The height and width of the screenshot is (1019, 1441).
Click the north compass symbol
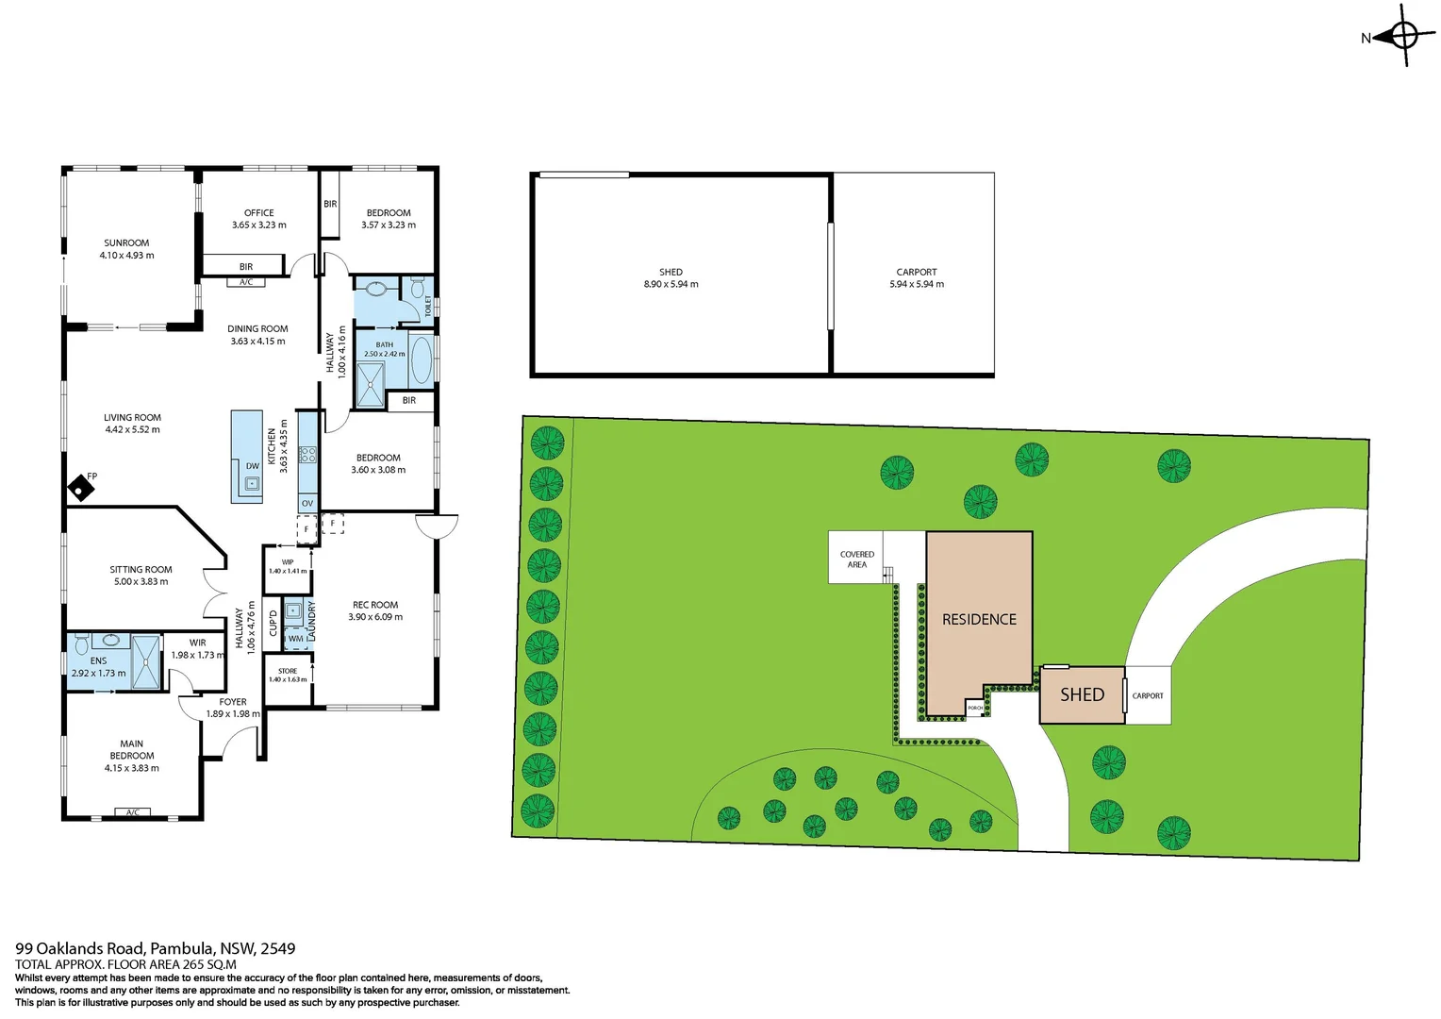[x=1403, y=37]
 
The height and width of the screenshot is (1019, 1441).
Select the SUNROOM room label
[x=126, y=249]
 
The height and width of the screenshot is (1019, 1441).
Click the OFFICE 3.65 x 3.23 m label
[x=259, y=219]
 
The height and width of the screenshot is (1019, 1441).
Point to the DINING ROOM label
[x=257, y=335]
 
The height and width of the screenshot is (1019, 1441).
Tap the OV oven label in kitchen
[x=307, y=504]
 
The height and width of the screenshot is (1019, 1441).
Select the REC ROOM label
[x=375, y=610]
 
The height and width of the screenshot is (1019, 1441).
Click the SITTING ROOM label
[x=141, y=576]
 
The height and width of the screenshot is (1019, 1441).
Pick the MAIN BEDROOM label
[x=132, y=756]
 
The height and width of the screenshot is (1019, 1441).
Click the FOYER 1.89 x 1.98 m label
[x=233, y=708]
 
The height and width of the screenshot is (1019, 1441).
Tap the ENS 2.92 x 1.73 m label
[x=98, y=667]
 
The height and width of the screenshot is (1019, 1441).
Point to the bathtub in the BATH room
[x=421, y=359]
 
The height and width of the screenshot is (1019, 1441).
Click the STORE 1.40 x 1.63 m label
[x=288, y=675]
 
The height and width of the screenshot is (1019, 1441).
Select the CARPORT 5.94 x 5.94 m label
[x=917, y=277]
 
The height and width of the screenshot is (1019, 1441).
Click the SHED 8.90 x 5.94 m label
[x=671, y=277]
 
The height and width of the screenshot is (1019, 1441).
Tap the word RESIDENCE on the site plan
[x=979, y=620]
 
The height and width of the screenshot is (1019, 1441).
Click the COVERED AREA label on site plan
[x=857, y=560]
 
